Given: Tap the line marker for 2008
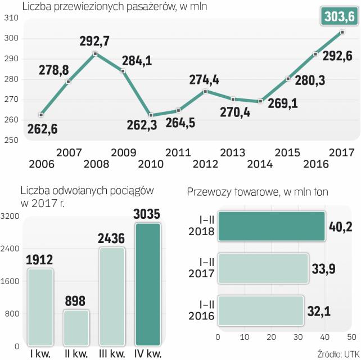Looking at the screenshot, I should pos(95,54).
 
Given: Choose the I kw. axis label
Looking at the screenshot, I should pos(40,353).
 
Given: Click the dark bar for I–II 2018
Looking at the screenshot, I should pos(271,226).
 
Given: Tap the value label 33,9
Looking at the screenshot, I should pos(324,268).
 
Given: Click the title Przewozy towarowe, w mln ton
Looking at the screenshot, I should pos(258,192).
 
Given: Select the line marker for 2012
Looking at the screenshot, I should pos(206,91).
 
